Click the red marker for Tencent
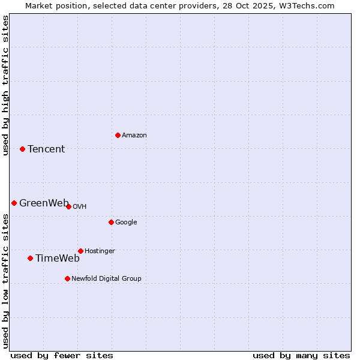(x=22, y=149)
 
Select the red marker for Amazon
(x=118, y=135)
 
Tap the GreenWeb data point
(x=14, y=203)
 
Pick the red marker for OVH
(x=68, y=206)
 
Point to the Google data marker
(x=111, y=222)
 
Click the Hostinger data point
(x=80, y=251)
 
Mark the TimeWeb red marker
(x=30, y=258)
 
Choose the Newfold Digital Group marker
(x=67, y=278)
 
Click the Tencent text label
(x=46, y=149)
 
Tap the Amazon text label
(x=134, y=135)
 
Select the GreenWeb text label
(x=44, y=203)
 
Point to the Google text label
(x=126, y=222)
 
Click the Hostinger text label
(x=100, y=251)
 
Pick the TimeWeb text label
(x=58, y=258)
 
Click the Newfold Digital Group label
(x=106, y=278)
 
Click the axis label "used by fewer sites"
(x=62, y=355)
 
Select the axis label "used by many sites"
(x=301, y=355)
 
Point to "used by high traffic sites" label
(x=5, y=85)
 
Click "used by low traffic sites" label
(x=5, y=281)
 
